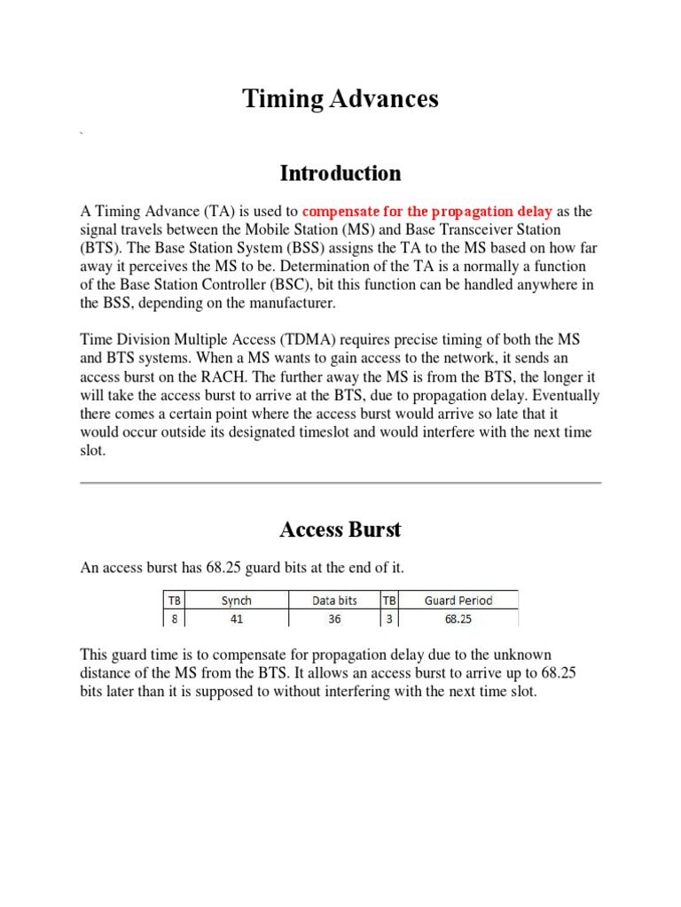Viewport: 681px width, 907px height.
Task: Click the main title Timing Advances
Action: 340,99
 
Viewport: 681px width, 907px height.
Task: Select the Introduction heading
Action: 340,173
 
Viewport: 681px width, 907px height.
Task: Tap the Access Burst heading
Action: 340,530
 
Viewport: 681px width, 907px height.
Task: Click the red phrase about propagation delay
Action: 427,212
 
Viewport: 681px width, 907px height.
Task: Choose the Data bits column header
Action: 334,601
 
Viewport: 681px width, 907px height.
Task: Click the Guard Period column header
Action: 458,601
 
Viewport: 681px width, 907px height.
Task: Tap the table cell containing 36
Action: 334,620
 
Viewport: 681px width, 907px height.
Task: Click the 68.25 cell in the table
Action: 458,620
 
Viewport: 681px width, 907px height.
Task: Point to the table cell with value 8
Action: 174,620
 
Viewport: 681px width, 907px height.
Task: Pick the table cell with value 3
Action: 389,620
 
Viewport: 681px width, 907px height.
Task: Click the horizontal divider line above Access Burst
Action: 340,483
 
